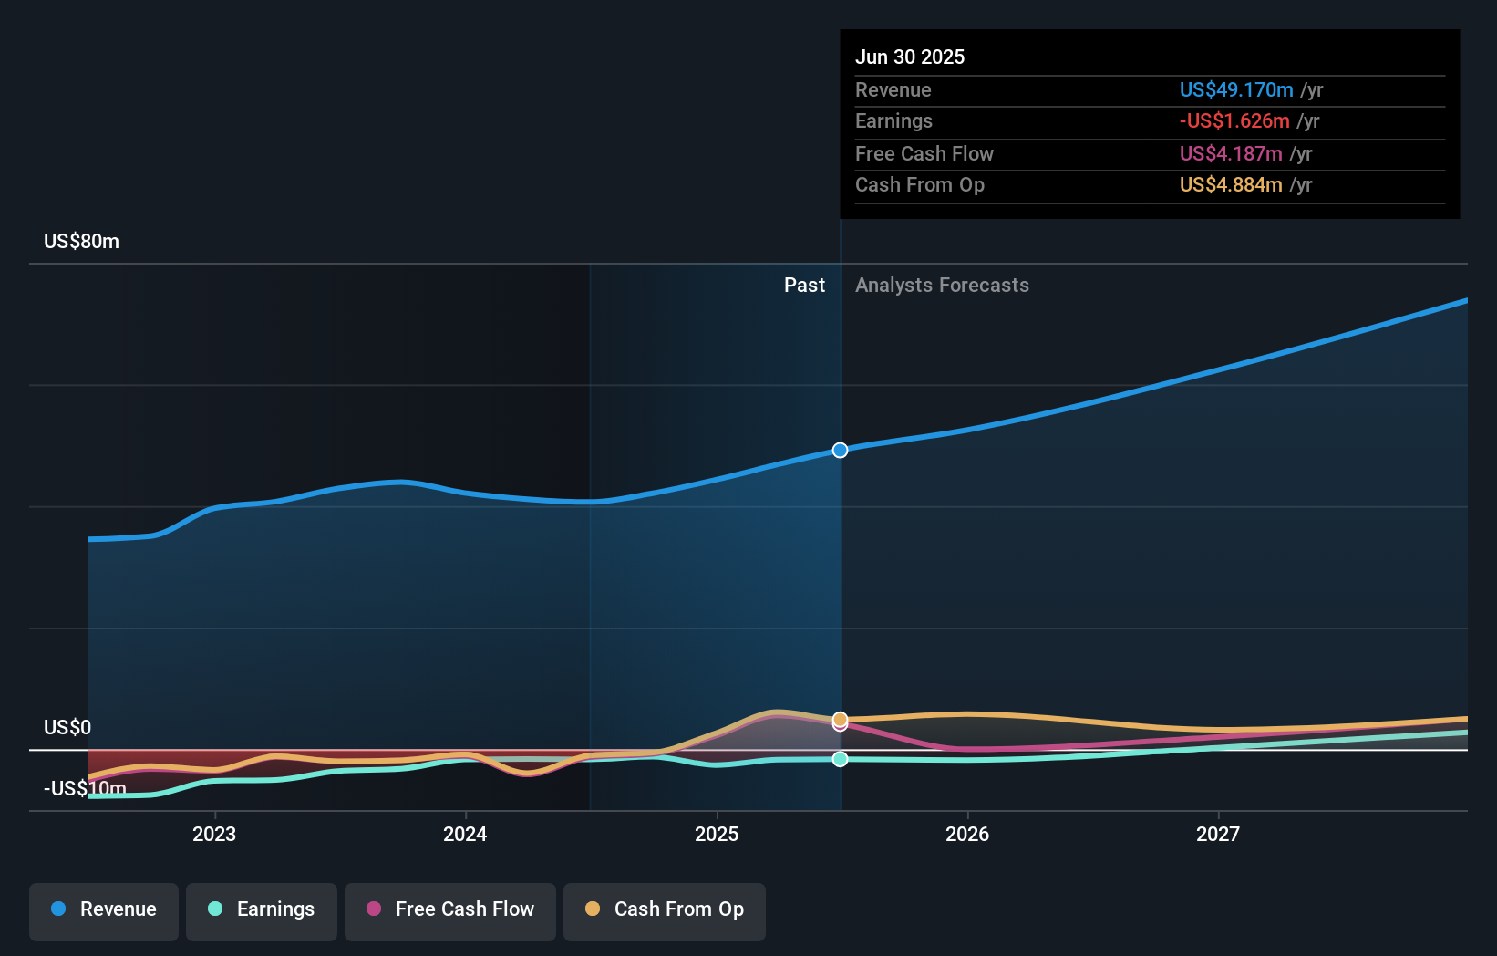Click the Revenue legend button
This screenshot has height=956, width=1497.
click(x=104, y=909)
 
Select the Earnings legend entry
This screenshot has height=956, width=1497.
click(x=262, y=909)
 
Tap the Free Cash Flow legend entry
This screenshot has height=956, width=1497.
click(x=450, y=909)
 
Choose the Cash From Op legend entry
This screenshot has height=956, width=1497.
click(x=665, y=909)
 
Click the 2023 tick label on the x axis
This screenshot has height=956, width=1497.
click(x=214, y=834)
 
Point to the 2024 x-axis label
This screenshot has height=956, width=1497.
click(x=465, y=834)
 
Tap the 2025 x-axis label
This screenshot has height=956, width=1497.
click(x=717, y=834)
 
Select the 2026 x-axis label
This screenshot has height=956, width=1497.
click(x=967, y=834)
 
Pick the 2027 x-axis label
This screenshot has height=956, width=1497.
click(x=1218, y=834)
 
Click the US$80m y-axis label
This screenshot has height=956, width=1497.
click(x=81, y=241)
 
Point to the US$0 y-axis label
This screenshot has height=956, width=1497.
click(x=67, y=727)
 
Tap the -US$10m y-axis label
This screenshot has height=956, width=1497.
click(x=85, y=788)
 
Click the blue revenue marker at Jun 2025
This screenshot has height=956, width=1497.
click(x=840, y=450)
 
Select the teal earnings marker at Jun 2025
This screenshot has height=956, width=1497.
click(x=840, y=759)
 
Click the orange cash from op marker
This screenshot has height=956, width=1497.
click(x=840, y=719)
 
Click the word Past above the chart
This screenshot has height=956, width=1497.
click(x=804, y=285)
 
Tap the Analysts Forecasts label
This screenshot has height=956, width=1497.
click(x=942, y=285)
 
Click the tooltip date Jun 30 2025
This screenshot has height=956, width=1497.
click(x=909, y=57)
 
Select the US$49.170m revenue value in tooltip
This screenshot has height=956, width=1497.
click(x=1235, y=89)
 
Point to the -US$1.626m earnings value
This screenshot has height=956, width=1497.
click(x=1234, y=120)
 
